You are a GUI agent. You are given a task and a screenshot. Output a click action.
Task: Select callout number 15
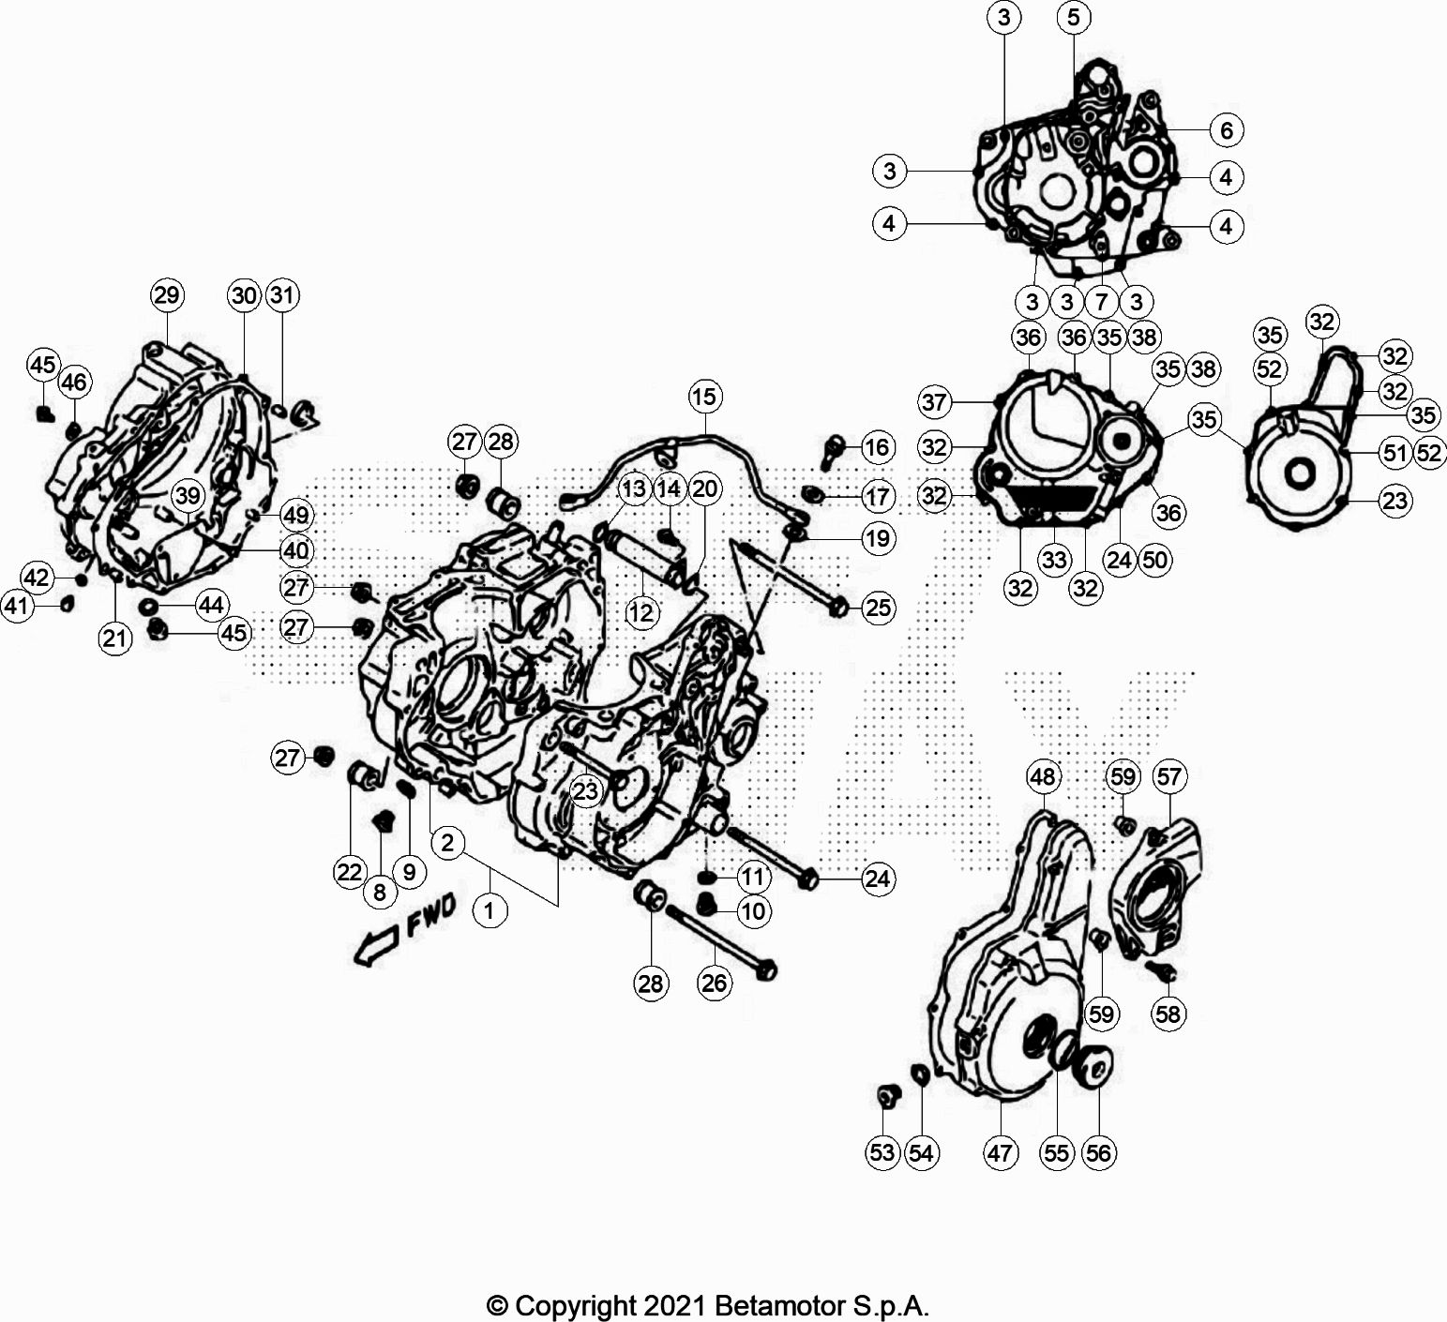click(x=705, y=397)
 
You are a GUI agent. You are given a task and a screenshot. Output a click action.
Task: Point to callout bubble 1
click(x=490, y=909)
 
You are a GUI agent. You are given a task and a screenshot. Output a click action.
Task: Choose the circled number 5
click(x=1074, y=17)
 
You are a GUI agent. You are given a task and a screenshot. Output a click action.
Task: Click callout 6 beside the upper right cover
click(x=1227, y=129)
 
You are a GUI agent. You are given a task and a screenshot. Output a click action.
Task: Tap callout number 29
click(x=167, y=295)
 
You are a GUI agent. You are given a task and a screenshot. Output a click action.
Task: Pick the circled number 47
click(x=1000, y=1152)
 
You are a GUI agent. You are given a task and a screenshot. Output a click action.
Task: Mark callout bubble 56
click(x=1098, y=1152)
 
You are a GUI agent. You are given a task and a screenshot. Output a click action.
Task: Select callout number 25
click(x=878, y=608)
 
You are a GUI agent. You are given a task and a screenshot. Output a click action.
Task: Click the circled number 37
click(x=935, y=403)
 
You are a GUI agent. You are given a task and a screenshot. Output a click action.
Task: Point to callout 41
click(x=17, y=607)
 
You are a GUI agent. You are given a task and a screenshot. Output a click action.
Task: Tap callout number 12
click(x=642, y=613)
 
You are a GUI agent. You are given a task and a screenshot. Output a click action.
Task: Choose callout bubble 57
click(x=1169, y=776)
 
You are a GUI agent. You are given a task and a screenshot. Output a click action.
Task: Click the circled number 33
click(x=1054, y=560)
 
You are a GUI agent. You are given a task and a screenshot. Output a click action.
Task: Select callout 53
click(x=882, y=1152)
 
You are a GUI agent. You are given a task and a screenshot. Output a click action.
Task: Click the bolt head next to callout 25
click(x=839, y=608)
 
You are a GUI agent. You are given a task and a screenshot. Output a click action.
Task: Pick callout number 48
click(x=1043, y=776)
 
